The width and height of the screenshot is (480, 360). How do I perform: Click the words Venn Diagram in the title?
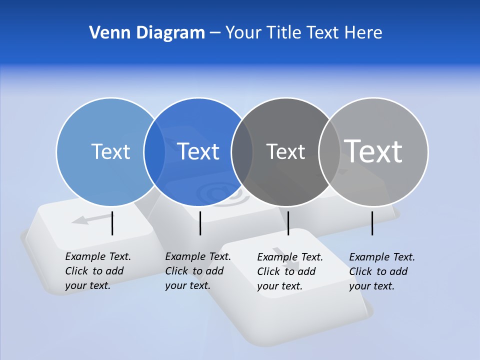[x=147, y=33]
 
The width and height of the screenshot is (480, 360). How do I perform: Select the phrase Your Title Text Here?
[x=303, y=33]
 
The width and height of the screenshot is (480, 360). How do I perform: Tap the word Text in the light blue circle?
[x=110, y=151]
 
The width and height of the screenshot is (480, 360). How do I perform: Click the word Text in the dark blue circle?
[x=198, y=151]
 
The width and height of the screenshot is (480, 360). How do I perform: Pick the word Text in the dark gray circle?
[x=285, y=151]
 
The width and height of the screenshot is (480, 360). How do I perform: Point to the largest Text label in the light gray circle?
[x=373, y=151]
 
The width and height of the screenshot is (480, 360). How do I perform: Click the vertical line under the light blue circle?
[x=112, y=223]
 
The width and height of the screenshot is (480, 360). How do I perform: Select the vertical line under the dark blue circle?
[x=200, y=223]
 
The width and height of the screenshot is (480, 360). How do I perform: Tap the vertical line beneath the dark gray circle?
[x=288, y=223]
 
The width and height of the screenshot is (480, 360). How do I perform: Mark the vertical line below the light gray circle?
[x=372, y=223]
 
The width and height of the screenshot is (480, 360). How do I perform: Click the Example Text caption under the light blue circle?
[x=98, y=271]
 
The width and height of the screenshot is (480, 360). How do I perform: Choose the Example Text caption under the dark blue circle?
[x=198, y=271]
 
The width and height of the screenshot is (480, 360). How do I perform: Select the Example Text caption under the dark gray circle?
[x=290, y=271]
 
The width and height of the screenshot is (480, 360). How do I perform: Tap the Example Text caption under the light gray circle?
[x=382, y=271]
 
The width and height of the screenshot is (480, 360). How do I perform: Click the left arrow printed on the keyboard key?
[x=90, y=219]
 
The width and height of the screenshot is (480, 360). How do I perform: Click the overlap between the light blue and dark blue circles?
[x=154, y=151]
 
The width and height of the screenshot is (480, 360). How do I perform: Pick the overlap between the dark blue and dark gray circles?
[x=242, y=151]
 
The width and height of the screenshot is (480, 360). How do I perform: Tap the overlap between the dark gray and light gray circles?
[x=329, y=151]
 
